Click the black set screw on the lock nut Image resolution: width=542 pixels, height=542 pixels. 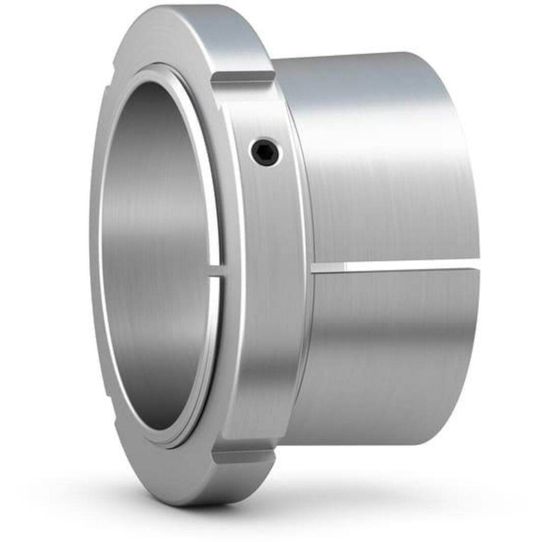(265, 151)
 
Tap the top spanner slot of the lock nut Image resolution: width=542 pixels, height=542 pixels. (243, 76)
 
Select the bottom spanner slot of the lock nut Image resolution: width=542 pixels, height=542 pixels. (243, 455)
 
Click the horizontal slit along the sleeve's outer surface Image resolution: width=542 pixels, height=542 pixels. (397, 265)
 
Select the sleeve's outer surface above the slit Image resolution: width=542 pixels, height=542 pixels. (387, 168)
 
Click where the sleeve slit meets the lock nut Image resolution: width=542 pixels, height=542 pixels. (313, 267)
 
